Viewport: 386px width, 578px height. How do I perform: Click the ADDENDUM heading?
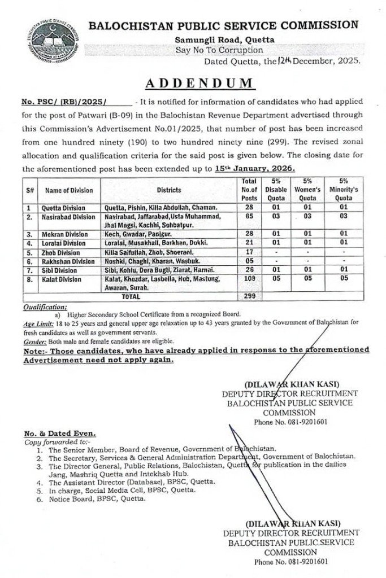(x=199, y=83)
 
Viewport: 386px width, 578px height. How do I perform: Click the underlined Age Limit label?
(x=38, y=324)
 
